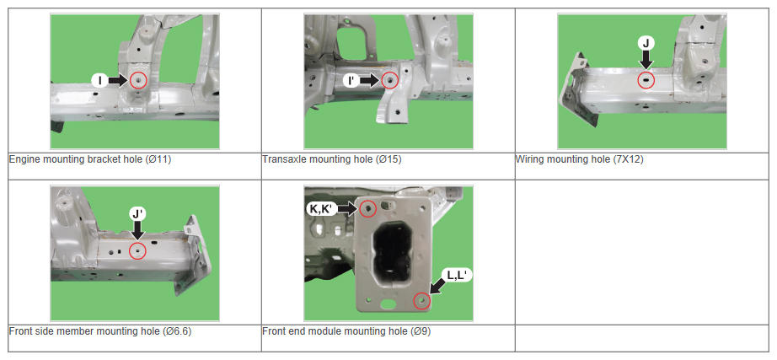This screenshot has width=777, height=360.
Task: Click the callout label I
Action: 99,80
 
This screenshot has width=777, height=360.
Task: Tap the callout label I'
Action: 351,80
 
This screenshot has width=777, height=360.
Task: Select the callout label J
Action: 646,43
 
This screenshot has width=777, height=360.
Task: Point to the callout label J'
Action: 137,214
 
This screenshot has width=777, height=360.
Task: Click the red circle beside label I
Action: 138,80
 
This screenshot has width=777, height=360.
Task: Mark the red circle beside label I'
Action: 390,80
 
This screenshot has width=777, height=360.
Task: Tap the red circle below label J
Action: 646,80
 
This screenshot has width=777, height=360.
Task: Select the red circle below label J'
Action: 137,251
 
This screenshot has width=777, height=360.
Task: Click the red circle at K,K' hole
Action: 367,209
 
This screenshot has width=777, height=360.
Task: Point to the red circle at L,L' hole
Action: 421,301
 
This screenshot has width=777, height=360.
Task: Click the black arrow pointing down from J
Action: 646,60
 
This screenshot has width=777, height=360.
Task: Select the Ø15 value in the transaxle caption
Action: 388,159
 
